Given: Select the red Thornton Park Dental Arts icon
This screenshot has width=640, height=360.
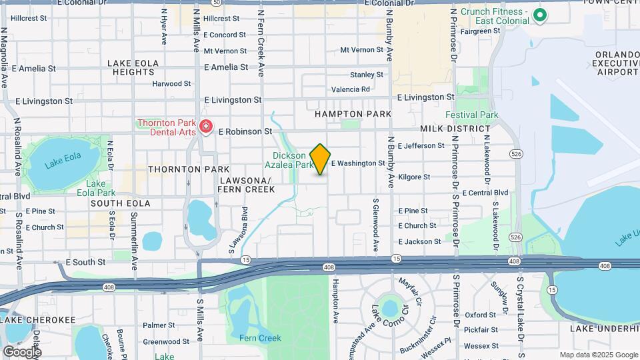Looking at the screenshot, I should click(x=206, y=126).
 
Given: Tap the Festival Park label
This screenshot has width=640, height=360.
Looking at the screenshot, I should click(x=471, y=115).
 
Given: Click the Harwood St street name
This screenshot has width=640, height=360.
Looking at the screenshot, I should click(x=171, y=84).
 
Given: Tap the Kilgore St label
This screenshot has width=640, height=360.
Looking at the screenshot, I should click(x=413, y=177).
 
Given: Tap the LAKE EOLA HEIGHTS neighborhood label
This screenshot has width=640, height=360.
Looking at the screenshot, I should click(x=134, y=67).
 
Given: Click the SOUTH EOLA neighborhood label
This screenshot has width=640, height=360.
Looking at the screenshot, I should click(x=121, y=203).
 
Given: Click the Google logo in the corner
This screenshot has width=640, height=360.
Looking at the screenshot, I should click(x=22, y=351).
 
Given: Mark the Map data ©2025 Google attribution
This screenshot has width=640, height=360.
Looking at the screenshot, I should click(x=598, y=355).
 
